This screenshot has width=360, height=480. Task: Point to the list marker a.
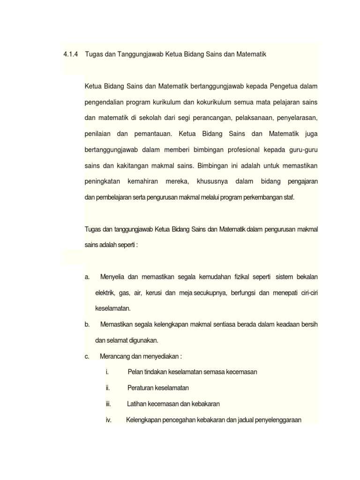[x=87, y=277]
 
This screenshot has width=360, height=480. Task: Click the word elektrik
[x=105, y=292]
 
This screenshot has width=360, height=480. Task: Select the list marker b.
[x=87, y=324]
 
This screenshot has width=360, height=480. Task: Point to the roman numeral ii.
[x=108, y=388]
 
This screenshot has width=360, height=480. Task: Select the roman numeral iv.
[x=108, y=420]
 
